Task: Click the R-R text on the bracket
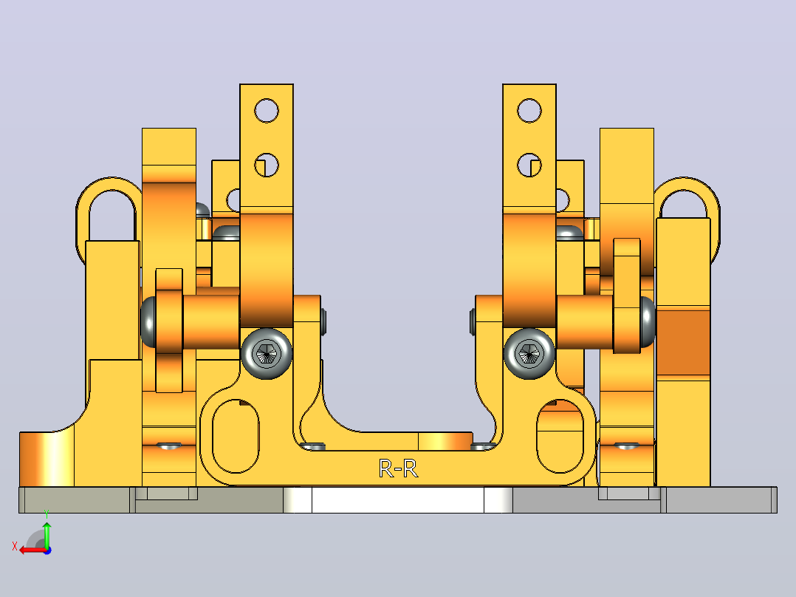click(399, 468)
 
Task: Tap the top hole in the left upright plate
click(267, 111)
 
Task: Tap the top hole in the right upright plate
click(529, 111)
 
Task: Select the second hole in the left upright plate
click(267, 165)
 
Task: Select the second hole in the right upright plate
click(529, 165)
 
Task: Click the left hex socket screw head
click(267, 353)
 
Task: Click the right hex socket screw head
click(529, 353)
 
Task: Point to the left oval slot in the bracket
click(236, 436)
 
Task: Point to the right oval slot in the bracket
click(560, 436)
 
